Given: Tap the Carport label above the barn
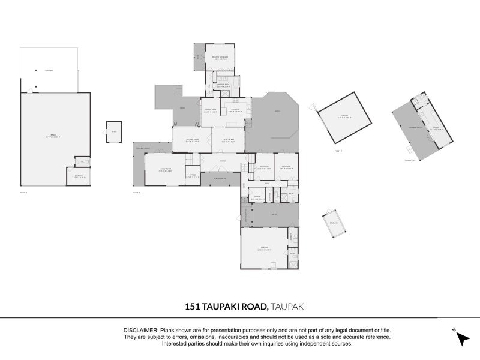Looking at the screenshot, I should click(49, 70).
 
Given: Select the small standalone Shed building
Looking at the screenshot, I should click(113, 132).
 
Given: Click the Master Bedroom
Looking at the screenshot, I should click(222, 59).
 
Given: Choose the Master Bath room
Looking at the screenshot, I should click(224, 85).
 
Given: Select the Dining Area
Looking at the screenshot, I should click(211, 110).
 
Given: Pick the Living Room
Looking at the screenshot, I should click(228, 141).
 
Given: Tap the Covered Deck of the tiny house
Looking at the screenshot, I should click(414, 128).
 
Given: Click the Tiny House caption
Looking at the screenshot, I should click(410, 160).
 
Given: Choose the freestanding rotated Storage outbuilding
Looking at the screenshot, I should click(334, 223).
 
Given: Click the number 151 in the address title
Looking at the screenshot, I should click(194, 306).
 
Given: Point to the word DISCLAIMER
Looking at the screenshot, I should click(140, 330).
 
